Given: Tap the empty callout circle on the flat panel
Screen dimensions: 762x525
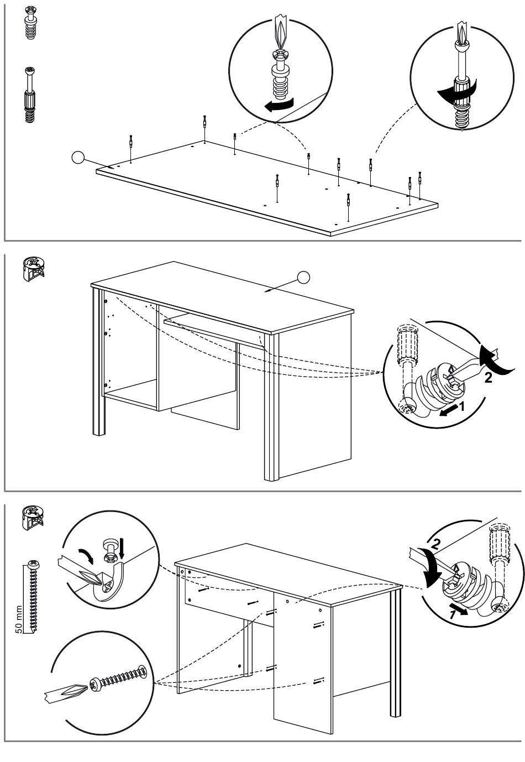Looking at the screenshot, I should [78, 158].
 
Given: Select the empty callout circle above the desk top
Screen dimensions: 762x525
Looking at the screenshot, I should [303, 277].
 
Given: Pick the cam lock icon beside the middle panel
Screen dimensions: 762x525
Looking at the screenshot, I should [34, 268].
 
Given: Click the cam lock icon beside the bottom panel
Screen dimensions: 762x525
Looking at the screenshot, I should [34, 518].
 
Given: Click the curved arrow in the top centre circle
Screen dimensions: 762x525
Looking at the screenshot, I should [279, 106].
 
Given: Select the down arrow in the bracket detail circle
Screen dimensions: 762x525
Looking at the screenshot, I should [123, 551].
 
